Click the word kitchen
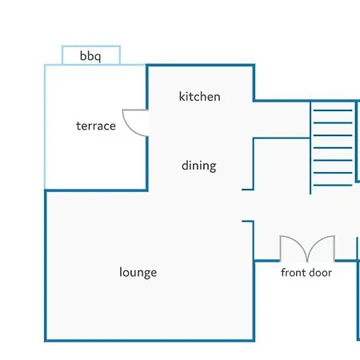(200, 96)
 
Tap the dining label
(199, 166)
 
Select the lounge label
(138, 273)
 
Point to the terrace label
(96, 126)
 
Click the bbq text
(90, 56)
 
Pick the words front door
(306, 273)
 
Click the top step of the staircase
(333, 110)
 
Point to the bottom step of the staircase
(333, 185)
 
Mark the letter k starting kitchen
(182, 96)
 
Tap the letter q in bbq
(98, 58)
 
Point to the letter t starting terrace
(78, 126)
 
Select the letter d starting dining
(185, 166)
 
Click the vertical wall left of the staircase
(310, 148)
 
